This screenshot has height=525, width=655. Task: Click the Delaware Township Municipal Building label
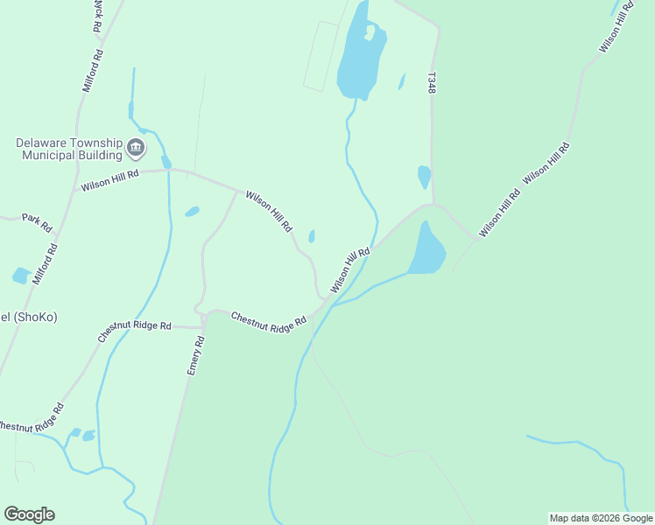pyautogui.click(x=68, y=149)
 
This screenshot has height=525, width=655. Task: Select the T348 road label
pyautogui.click(x=431, y=83)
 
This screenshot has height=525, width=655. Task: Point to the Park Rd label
pyautogui.click(x=38, y=223)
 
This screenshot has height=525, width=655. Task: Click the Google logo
pyautogui.click(x=29, y=514)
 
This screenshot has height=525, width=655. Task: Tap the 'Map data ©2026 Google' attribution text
pyautogui.click(x=601, y=518)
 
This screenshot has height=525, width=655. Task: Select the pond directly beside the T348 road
pyautogui.click(x=424, y=176)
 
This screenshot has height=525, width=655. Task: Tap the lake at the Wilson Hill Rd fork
pyautogui.click(x=426, y=249)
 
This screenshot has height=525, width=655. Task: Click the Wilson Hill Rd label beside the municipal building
pyautogui.click(x=110, y=180)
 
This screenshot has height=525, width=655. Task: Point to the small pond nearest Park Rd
pyautogui.click(x=21, y=276)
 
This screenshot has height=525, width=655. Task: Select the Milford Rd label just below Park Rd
pyautogui.click(x=46, y=264)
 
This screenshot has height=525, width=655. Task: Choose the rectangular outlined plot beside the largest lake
pyautogui.click(x=320, y=57)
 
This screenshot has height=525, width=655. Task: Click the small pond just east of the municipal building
pyautogui.click(x=166, y=162)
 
